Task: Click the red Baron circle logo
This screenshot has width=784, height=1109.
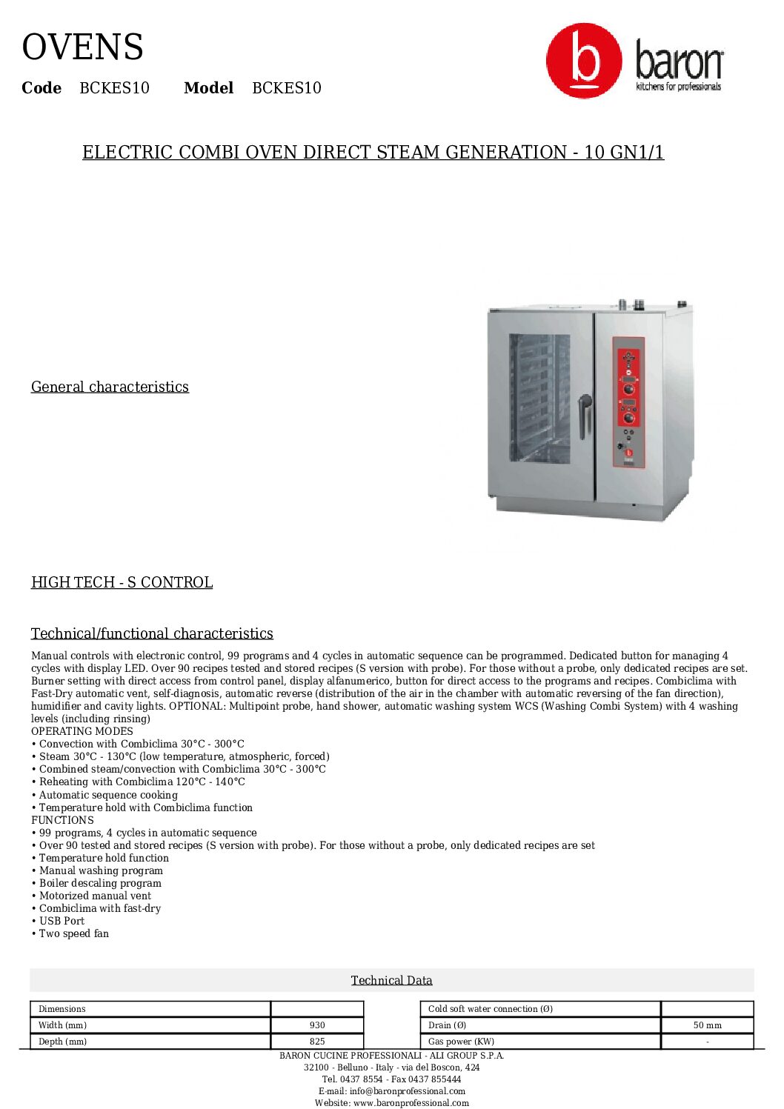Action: pyautogui.click(x=584, y=61)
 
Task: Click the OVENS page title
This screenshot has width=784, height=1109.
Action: pyautogui.click(x=82, y=47)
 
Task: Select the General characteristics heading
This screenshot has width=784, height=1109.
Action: pyautogui.click(x=110, y=387)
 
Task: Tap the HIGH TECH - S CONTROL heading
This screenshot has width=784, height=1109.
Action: pyautogui.click(x=122, y=582)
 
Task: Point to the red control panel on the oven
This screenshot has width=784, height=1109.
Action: pyautogui.click(x=628, y=402)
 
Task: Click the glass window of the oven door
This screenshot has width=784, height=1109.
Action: pyautogui.click(x=539, y=397)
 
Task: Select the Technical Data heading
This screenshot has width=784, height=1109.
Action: pyautogui.click(x=391, y=980)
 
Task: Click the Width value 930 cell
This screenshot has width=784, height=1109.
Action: pyautogui.click(x=317, y=1025)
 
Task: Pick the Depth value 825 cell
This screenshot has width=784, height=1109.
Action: pyautogui.click(x=317, y=1042)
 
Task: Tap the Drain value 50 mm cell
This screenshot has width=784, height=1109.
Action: pyautogui.click(x=707, y=1025)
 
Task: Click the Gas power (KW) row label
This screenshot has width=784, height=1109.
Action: pyautogui.click(x=461, y=1042)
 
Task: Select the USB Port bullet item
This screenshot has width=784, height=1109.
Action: pyautogui.click(x=62, y=921)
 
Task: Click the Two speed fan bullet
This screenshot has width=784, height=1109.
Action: pyautogui.click(x=73, y=933)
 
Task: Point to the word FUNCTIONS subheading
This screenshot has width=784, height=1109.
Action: pyautogui.click(x=62, y=820)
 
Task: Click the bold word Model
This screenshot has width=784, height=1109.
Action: pyautogui.click(x=208, y=88)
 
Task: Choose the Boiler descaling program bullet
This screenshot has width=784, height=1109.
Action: pyautogui.click(x=100, y=883)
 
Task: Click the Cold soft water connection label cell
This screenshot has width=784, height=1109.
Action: pyautogui.click(x=490, y=1009)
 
